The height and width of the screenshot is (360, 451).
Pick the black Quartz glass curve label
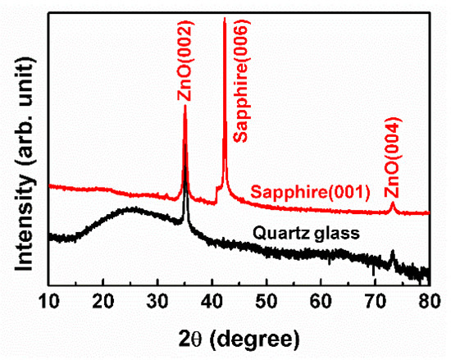coord(312,235)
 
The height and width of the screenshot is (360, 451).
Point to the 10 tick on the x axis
coord(49,299)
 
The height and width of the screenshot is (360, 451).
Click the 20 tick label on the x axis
coord(103,299)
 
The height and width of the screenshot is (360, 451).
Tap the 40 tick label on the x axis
coord(212,299)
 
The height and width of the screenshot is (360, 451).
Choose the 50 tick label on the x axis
coord(266,299)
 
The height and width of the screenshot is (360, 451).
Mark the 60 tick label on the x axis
coord(321,299)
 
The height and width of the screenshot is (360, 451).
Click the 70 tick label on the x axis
coord(375,299)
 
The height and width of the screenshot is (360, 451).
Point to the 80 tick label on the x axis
coord(428,299)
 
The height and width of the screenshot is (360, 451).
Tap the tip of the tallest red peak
coord(225,19)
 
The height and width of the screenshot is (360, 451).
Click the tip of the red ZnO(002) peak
coord(185,106)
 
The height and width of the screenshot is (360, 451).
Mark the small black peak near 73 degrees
coord(392,252)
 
